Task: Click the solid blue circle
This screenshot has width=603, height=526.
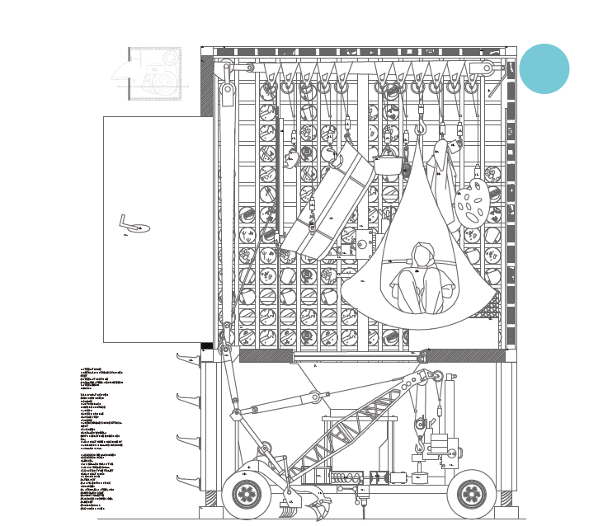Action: click(544, 68)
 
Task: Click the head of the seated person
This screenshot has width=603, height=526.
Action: click(422, 252)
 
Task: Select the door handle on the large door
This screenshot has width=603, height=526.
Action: click(130, 223)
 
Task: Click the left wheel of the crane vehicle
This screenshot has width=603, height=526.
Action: click(247, 493)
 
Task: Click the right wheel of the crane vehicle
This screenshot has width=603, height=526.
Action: click(471, 493)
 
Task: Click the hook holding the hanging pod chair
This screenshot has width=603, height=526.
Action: click(420, 129)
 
